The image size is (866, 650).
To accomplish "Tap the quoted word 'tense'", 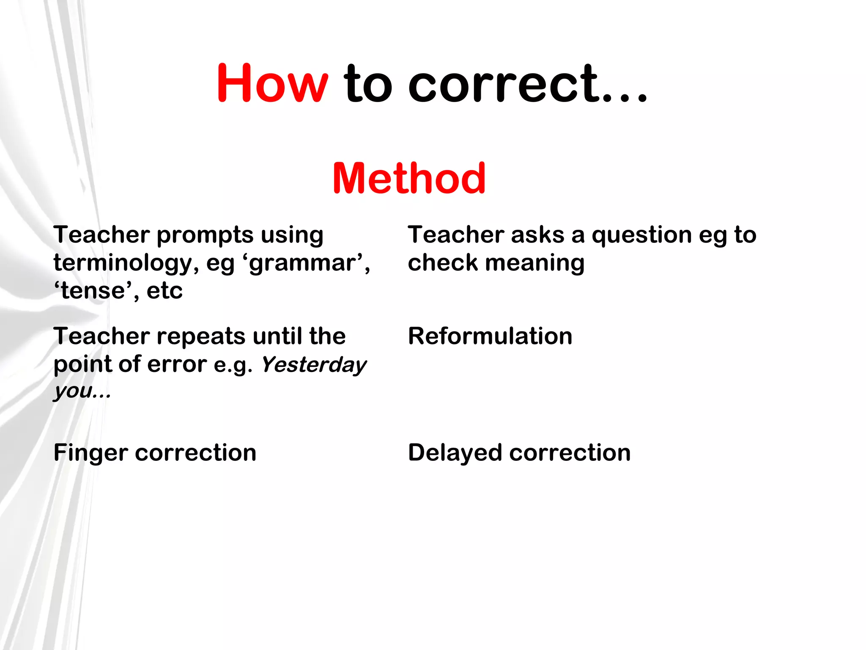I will [x=92, y=291].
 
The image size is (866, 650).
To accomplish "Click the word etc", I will [x=164, y=291].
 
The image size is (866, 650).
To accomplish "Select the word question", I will [x=642, y=235].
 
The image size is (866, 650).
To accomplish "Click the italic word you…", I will [x=82, y=391].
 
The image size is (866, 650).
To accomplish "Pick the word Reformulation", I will [x=490, y=336].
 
